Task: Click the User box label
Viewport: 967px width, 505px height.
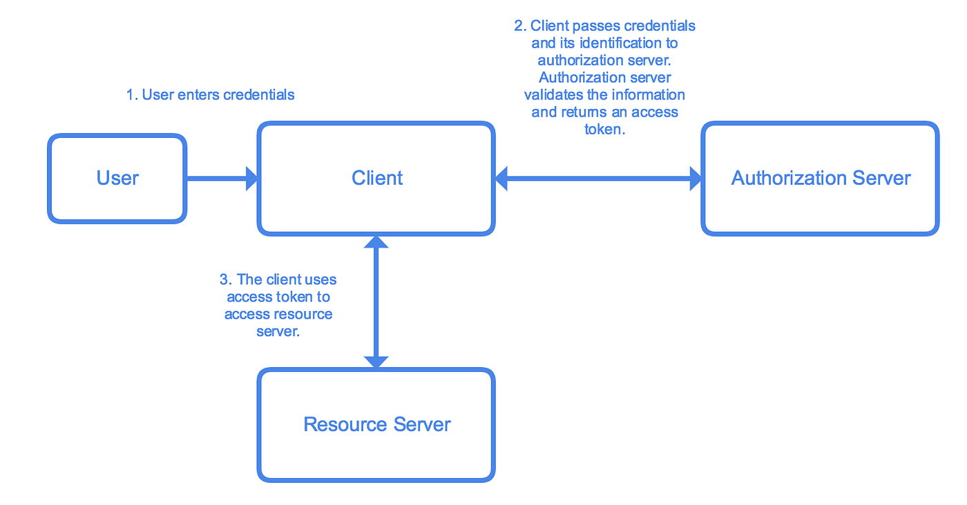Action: (117, 178)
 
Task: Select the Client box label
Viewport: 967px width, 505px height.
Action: (377, 178)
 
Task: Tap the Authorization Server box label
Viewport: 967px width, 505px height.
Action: (821, 178)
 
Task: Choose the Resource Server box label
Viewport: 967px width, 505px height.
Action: (377, 424)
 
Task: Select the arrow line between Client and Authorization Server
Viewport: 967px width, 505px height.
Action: (598, 179)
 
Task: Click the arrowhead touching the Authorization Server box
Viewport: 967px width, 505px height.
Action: (693, 179)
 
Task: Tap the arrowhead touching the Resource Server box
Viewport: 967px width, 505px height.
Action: (376, 361)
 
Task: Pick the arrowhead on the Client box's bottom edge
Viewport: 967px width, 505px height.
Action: (376, 242)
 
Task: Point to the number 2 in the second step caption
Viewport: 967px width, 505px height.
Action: (519, 26)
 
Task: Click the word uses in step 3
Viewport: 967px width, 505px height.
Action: (321, 279)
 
